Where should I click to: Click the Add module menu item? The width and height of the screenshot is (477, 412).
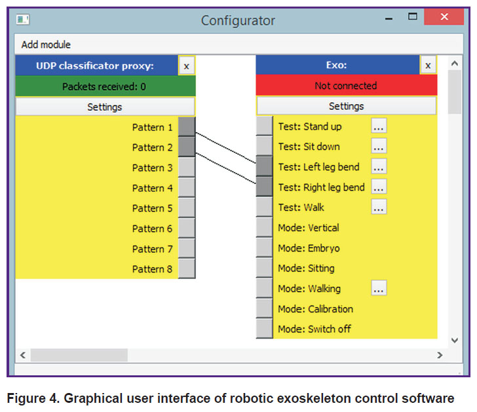pyautogui.click(x=46, y=45)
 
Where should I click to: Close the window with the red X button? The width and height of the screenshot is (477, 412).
pyautogui.click(x=444, y=17)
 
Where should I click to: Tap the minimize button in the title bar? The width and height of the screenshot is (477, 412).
pyautogui.click(x=389, y=19)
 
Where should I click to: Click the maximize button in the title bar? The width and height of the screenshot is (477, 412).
pyautogui.click(x=413, y=16)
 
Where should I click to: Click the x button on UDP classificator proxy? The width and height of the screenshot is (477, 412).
pyautogui.click(x=187, y=66)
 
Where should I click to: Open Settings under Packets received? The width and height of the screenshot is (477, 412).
pyautogui.click(x=105, y=107)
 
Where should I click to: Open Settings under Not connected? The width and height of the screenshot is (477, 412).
pyautogui.click(x=347, y=106)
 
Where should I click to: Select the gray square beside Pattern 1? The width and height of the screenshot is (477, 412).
pyautogui.click(x=187, y=126)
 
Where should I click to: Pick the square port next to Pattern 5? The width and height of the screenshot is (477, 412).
pyautogui.click(x=187, y=208)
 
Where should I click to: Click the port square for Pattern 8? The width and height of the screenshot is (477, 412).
pyautogui.click(x=187, y=269)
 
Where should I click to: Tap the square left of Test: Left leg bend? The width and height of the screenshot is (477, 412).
pyautogui.click(x=264, y=166)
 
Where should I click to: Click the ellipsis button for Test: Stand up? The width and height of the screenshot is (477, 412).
pyautogui.click(x=379, y=126)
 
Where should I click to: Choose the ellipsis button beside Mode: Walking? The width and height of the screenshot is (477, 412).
pyautogui.click(x=379, y=288)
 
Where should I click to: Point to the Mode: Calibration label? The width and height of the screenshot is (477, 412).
pyautogui.click(x=315, y=309)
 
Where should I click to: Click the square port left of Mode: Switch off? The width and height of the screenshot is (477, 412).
pyautogui.click(x=264, y=329)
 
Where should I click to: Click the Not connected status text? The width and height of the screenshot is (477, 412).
pyautogui.click(x=346, y=86)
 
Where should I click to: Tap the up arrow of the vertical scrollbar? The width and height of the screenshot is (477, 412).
pyautogui.click(x=455, y=64)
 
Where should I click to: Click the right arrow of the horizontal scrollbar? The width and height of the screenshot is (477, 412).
pyautogui.click(x=440, y=355)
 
